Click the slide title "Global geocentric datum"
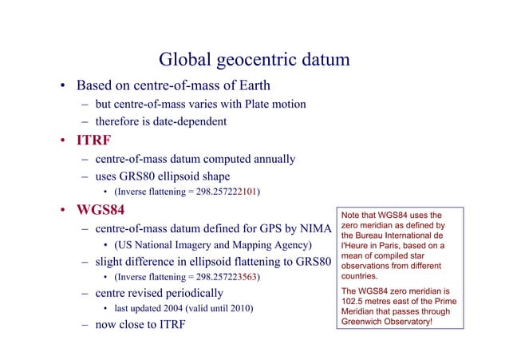click(x=254, y=60)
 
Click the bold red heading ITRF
click(x=93, y=142)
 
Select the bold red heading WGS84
click(x=104, y=213)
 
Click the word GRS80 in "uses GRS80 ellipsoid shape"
click(x=144, y=176)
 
